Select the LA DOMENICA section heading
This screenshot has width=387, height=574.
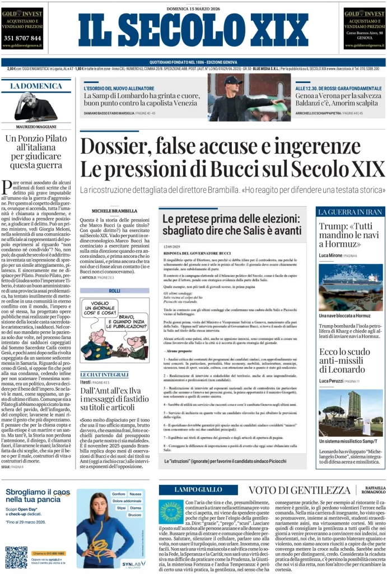coord(36,86)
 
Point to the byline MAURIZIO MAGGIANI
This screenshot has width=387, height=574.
coord(35,126)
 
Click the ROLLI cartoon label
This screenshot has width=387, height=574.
coord(115,290)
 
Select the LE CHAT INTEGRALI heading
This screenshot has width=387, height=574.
coord(104,374)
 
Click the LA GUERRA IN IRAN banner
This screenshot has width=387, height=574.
coord(350,211)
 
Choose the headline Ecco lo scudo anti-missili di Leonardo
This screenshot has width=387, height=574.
coord(344,362)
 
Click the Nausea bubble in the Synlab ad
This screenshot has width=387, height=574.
coord(136,494)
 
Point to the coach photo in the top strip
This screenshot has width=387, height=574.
coord(249,98)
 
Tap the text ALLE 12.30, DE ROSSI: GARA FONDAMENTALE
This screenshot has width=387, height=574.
coord(339,89)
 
